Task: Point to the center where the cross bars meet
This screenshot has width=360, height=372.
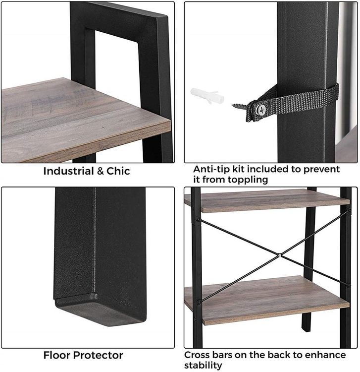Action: (x=279, y=255)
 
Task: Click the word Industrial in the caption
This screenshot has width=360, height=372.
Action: (x=69, y=171)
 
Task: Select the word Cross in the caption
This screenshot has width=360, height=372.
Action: (x=197, y=355)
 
